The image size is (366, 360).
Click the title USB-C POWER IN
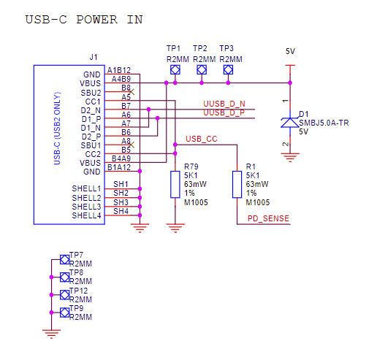pyautogui.click(x=83, y=19)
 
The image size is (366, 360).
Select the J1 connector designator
pyautogui.click(x=93, y=56)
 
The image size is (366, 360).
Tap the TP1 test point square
pyautogui.click(x=175, y=70)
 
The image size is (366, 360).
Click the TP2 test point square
pyautogui.click(x=202, y=70)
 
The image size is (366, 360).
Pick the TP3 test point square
pyautogui.click(x=228, y=70)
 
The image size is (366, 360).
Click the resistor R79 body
pyautogui.click(x=175, y=184)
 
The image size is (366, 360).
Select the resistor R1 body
pyautogui.click(x=237, y=184)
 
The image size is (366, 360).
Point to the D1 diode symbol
pyautogui.click(x=289, y=122)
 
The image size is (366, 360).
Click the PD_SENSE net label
pyautogui.click(x=267, y=218)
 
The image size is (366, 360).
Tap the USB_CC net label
pyautogui.click(x=202, y=139)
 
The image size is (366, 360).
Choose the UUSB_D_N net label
pyautogui.click(x=224, y=104)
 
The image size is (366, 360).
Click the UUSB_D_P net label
pyautogui.click(x=224, y=112)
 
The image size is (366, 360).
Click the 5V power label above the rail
pyautogui.click(x=290, y=52)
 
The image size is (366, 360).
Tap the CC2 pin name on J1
pyautogui.click(x=93, y=154)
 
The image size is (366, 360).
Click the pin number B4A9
pyautogui.click(x=121, y=158)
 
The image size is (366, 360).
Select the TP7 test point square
pyautogui.click(x=64, y=259)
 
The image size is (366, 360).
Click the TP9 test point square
pyautogui.click(x=64, y=313)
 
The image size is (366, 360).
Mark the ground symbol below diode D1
pyautogui.click(x=289, y=156)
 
